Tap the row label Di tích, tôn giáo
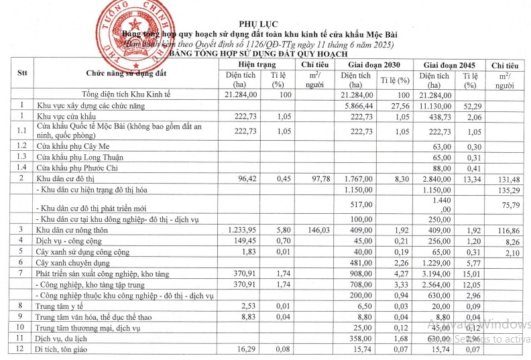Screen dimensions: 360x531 coord(66,349)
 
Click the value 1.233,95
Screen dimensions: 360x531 coord(242,230)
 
